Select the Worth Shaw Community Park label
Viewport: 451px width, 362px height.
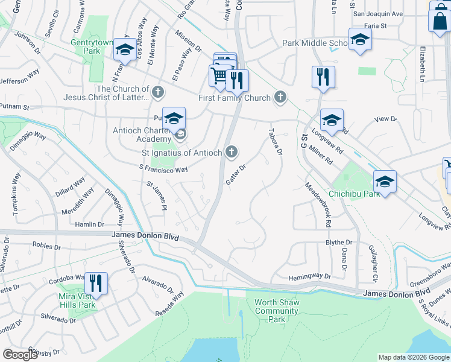pos(277,311)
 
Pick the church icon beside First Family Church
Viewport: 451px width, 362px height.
pos(280,97)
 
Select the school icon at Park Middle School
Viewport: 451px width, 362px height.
pos(359,39)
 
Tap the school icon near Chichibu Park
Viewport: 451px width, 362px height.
pos(385,180)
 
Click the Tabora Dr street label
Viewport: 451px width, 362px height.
pos(275,142)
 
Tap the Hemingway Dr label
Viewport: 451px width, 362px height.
pos(309,276)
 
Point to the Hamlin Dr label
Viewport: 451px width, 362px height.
pos(91,224)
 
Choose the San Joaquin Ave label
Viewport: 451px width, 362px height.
pos(377,13)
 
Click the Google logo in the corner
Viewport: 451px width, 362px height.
pos(20,355)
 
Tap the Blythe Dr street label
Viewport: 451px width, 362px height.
pos(338,243)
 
